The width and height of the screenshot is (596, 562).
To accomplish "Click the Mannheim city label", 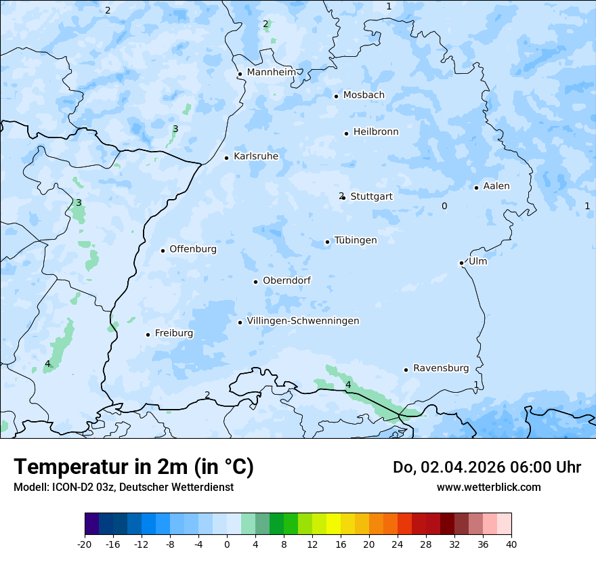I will point(271,72).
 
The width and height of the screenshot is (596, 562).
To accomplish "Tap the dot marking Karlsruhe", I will point(226,158).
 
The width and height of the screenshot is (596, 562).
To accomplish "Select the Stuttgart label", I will point(371,196).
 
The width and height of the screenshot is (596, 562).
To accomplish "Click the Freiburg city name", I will point(173,333).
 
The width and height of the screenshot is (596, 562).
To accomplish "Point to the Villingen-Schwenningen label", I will point(303,321).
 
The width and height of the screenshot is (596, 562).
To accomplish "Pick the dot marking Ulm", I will point(461,263).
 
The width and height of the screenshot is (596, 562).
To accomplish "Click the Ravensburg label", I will point(441,368).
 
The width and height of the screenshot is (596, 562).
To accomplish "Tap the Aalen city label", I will point(496,186).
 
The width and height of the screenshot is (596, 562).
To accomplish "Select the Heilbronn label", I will point(376,132).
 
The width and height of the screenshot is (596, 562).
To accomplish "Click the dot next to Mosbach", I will point(336,96).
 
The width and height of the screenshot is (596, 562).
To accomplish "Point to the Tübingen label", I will point(356,240).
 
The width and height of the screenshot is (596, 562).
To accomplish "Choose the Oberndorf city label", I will point(286,280).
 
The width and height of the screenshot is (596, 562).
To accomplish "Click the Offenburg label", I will point(193,249).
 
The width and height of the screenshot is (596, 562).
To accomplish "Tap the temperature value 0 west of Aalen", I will point(444,206).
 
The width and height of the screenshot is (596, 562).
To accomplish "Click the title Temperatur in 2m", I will point(133,467).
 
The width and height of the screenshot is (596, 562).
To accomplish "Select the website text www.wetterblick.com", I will point(488,487).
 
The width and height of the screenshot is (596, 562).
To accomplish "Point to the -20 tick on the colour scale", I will point(85,544).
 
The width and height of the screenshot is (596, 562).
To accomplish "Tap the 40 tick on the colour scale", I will point(511,544).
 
